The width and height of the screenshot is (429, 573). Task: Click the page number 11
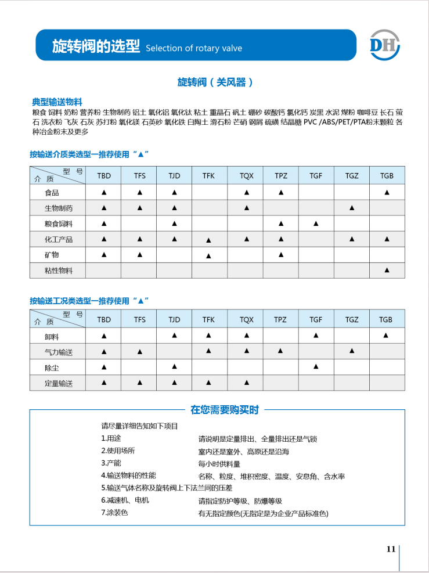pos(391,549)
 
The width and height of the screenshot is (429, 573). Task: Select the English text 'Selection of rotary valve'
pos(194,48)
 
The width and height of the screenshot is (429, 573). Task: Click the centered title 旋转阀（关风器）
pos(215,82)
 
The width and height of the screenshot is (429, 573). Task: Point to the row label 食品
pos(52,192)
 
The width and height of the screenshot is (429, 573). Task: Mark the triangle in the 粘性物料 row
pos(387,270)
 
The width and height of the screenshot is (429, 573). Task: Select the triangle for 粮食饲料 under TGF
pos(316,224)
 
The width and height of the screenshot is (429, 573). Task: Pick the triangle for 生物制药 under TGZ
pos(351,208)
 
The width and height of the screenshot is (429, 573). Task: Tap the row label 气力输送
pos(59,352)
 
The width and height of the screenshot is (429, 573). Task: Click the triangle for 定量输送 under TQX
pos(246,383)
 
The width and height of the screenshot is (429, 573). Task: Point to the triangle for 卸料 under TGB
pos(387,336)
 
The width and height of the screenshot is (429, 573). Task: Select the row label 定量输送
pos(59,383)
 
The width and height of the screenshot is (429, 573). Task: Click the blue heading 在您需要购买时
pos(224,410)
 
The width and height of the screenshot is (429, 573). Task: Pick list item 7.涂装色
pos(114,513)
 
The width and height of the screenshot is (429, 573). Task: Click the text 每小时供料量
pos(219,464)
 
